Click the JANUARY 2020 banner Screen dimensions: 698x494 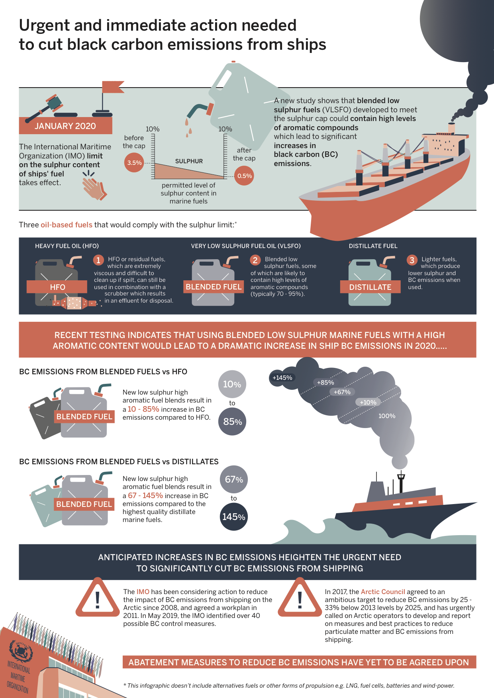(65, 126)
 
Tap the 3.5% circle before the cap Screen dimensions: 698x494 (135, 163)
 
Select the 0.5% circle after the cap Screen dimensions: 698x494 (244, 176)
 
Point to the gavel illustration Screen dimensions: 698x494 (48, 108)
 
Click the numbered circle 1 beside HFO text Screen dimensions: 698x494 (98, 260)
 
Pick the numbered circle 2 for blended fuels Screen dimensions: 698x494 (255, 260)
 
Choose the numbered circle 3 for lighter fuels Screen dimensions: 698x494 (412, 260)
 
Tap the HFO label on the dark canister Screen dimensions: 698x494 (57, 287)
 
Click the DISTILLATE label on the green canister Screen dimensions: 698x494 (370, 287)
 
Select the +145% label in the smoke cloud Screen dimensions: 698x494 (282, 378)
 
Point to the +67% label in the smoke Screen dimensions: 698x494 (342, 392)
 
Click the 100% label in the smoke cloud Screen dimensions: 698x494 (386, 416)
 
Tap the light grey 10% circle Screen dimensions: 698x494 (232, 384)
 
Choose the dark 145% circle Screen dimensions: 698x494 (234, 517)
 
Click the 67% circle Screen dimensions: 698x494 (234, 479)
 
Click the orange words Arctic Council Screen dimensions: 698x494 (383, 592)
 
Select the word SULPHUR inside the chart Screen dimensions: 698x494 (189, 161)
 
